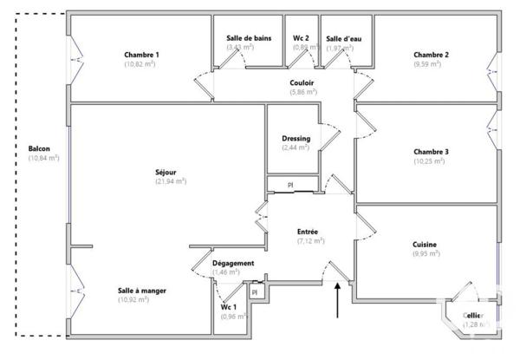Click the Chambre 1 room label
(141, 55)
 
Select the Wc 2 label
(301, 38)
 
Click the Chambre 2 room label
(431, 55)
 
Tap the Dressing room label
(296, 139)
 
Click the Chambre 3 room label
(431, 151)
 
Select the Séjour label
(170, 172)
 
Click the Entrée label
(308, 232)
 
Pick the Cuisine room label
(425, 245)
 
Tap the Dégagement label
(233, 263)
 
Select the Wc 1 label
(229, 307)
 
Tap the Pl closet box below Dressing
(291, 186)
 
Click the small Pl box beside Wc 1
(254, 293)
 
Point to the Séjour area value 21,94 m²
(171, 181)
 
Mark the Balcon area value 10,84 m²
(43, 158)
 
